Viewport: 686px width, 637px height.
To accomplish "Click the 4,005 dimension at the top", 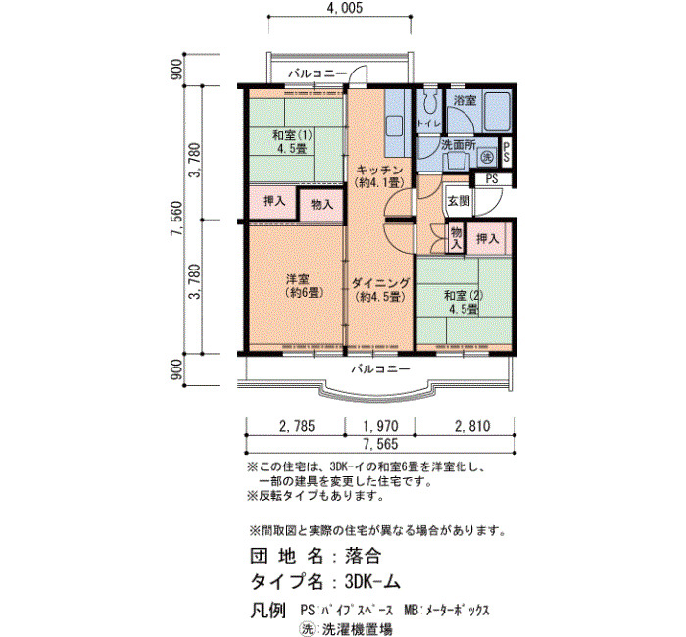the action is click(344, 8).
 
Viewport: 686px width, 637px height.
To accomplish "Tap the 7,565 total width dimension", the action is click(380, 444).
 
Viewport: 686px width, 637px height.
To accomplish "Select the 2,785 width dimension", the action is click(297, 426).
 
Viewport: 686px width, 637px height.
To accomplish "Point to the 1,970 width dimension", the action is click(380, 426).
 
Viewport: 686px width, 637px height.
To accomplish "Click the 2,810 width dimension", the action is click(472, 426).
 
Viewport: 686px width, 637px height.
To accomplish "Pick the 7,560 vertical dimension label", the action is click(176, 220).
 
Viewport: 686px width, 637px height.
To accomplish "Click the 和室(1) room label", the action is click(292, 135).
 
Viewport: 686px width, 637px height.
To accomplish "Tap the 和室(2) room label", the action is click(464, 295).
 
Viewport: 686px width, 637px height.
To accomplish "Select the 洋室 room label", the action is click(298, 279).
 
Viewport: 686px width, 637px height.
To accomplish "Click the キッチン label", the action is click(379, 170).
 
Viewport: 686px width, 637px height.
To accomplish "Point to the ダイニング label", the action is click(380, 283).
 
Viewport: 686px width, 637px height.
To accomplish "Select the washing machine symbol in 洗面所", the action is click(486, 156).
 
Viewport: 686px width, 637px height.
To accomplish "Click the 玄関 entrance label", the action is click(458, 201).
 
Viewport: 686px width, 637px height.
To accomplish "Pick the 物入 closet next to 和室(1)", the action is click(321, 204).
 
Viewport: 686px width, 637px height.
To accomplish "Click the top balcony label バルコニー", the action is click(318, 73).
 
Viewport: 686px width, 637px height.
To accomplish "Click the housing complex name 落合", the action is click(363, 556).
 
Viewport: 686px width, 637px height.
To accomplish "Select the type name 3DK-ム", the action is click(372, 582).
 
